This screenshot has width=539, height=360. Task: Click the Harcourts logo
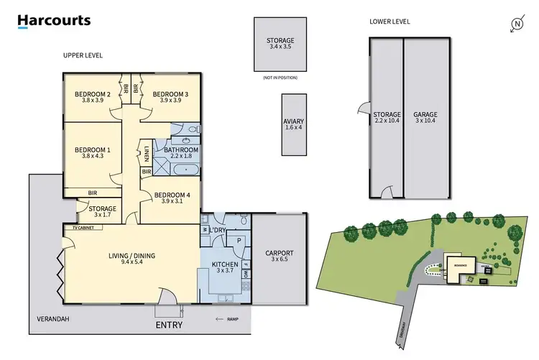click(54, 21)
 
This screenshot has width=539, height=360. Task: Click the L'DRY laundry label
click(218, 229)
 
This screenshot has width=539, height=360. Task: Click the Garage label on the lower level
click(425, 114)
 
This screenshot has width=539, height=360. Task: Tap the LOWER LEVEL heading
click(390, 22)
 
